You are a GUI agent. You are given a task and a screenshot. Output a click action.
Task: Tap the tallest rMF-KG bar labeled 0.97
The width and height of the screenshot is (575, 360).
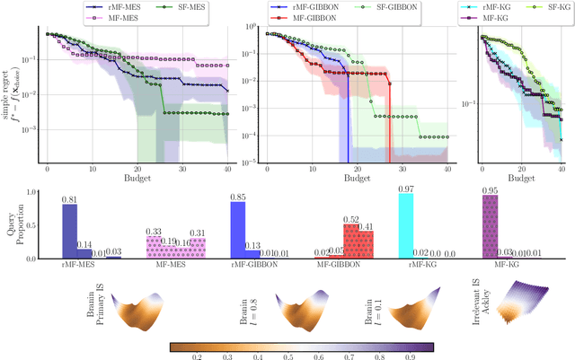[405, 227]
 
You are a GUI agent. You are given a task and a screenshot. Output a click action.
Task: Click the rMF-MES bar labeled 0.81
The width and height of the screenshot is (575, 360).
[69, 232]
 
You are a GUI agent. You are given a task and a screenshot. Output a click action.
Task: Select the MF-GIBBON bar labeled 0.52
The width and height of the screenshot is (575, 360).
[354, 241]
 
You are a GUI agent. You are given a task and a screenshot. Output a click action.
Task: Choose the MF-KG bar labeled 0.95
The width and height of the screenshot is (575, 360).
[491, 228]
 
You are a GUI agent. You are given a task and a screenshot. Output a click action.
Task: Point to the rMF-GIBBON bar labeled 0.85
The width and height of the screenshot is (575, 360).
[238, 231]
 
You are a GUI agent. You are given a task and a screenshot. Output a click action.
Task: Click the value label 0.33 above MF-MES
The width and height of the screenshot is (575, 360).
[155, 231]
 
